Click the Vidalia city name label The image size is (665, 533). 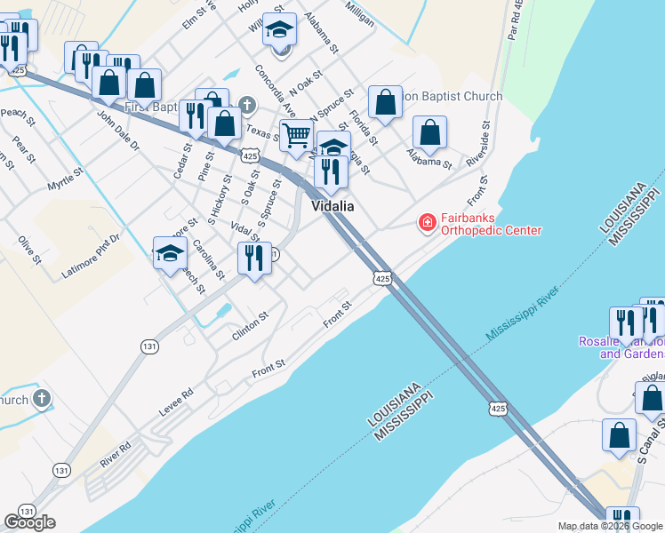(x=332, y=205)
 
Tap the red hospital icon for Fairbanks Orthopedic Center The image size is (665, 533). (x=428, y=221)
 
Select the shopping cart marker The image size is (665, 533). (x=296, y=136)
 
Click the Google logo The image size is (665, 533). (x=29, y=522)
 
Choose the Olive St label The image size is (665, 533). (x=29, y=250)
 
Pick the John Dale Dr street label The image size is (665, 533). (x=118, y=130)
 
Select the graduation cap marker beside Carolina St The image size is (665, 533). (x=170, y=253)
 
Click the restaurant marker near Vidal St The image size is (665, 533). (x=255, y=259)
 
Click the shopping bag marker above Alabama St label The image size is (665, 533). (x=430, y=133)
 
